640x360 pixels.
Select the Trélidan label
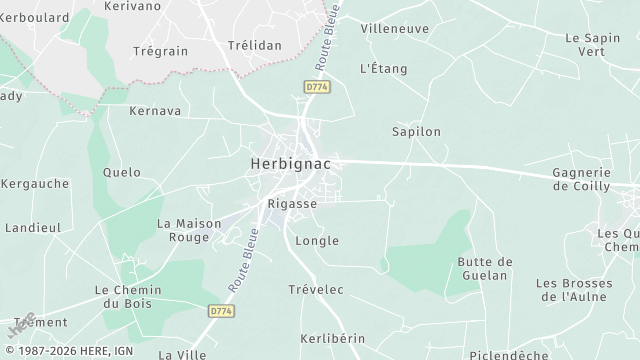point(254,46)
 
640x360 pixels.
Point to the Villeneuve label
point(394,29)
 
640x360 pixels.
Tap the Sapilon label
point(416,131)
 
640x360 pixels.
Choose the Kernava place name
point(155,111)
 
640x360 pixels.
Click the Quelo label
point(122,172)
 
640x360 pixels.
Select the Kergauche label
point(36,184)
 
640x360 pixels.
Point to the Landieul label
point(33,228)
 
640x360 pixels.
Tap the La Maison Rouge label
point(190,230)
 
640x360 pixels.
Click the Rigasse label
point(292,203)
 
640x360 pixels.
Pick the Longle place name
point(318,241)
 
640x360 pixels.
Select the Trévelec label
point(316,290)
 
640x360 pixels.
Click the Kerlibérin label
point(332,339)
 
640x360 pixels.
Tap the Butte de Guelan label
point(485,268)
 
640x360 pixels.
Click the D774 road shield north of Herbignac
point(317,88)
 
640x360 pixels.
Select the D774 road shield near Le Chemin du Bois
point(221,312)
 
